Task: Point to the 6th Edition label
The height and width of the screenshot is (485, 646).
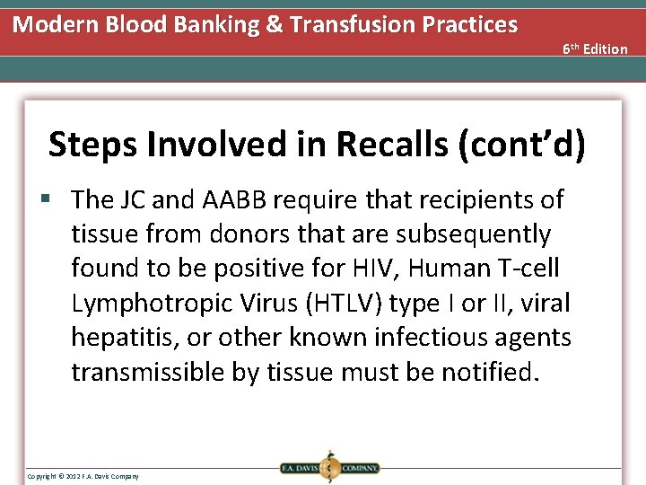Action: pyautogui.click(x=595, y=48)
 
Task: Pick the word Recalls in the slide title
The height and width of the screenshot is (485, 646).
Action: pyautogui.click(x=377, y=145)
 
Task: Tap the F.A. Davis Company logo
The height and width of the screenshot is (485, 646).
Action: pyautogui.click(x=328, y=467)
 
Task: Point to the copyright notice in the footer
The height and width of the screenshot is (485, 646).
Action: pyautogui.click(x=83, y=475)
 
